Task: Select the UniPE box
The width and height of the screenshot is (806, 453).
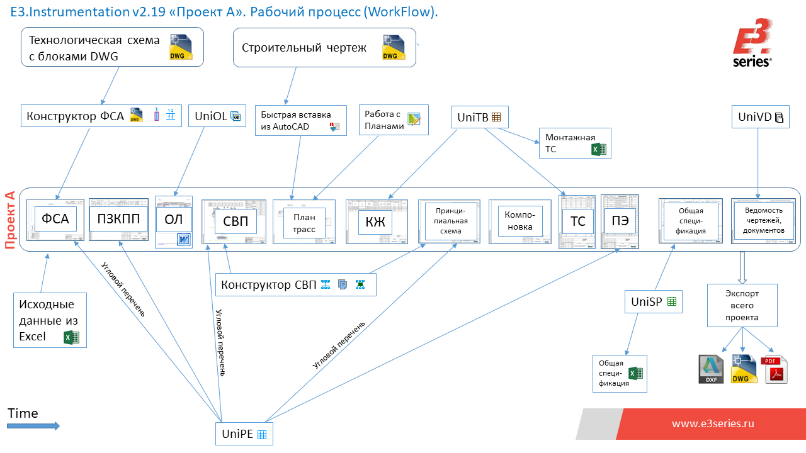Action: (x=244, y=433)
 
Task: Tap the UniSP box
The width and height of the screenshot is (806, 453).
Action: (x=653, y=301)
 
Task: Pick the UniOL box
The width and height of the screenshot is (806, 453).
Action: (x=217, y=116)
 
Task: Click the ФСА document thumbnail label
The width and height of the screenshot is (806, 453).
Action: (x=55, y=220)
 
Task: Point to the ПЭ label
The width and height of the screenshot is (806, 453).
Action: (x=620, y=221)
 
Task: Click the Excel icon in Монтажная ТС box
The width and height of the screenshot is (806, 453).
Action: (x=598, y=149)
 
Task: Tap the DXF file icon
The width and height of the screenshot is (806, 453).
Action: (x=712, y=369)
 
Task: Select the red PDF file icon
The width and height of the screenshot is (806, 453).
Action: (x=776, y=369)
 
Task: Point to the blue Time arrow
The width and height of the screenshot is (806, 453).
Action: (x=33, y=426)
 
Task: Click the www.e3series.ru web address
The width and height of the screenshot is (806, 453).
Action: (x=712, y=423)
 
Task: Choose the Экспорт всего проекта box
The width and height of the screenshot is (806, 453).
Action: (x=742, y=305)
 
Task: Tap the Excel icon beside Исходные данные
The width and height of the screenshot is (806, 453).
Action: (x=72, y=337)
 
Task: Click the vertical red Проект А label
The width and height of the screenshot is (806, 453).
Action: (x=10, y=220)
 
